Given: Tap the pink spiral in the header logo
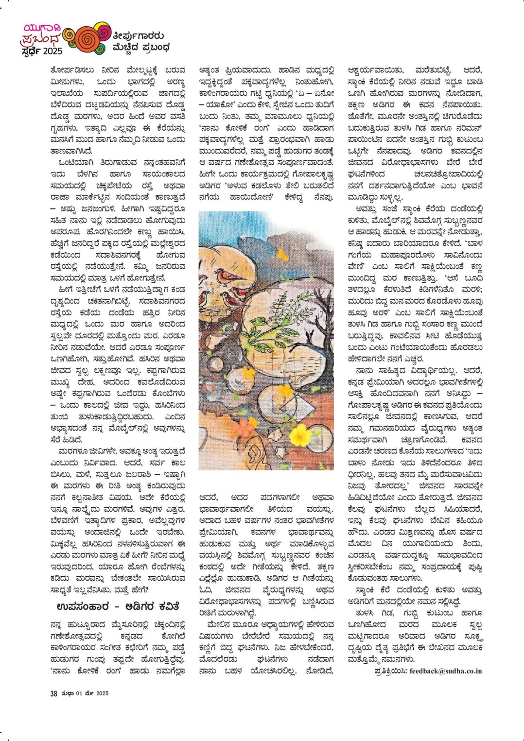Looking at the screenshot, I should [104, 31].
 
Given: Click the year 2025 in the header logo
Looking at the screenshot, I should [52, 51].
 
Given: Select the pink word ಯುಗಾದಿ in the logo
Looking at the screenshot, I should [38, 27].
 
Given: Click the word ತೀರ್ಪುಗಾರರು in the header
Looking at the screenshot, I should [138, 35].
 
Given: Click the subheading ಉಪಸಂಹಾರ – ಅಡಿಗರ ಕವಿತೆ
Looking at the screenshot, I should [118, 606].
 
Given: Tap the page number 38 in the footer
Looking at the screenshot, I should [53, 693].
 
